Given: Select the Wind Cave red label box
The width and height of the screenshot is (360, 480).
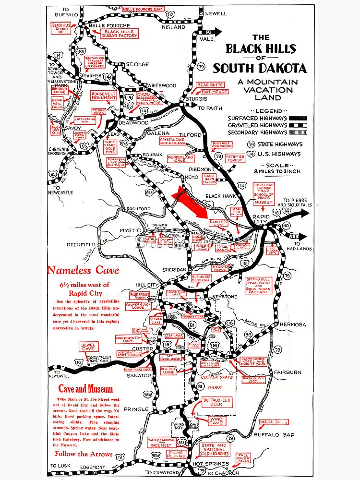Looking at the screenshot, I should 216,421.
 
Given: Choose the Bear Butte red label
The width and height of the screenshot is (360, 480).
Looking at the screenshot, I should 210,85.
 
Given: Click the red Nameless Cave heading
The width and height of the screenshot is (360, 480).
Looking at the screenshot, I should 83,271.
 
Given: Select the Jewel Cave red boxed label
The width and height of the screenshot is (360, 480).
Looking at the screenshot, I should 89,347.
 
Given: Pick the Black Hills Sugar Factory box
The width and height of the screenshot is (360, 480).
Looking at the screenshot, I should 120,34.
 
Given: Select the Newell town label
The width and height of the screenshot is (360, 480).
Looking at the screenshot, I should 216,13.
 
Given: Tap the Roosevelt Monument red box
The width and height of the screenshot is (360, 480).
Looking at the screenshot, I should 104,95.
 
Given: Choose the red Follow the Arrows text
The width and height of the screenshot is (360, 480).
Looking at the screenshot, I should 84,454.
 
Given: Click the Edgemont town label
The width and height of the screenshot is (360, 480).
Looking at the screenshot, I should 93,467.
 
